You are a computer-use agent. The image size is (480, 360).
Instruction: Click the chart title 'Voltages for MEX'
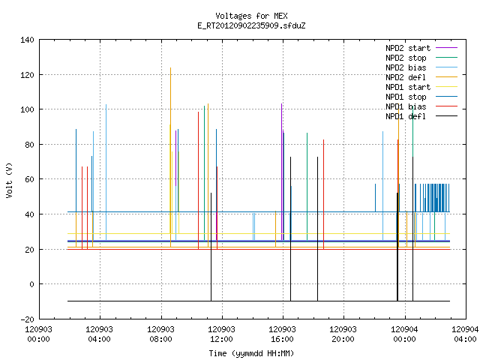click(x=251, y=16)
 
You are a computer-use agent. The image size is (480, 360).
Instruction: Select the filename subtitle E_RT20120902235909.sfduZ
click(x=251, y=25)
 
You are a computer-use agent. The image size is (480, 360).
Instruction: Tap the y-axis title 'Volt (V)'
click(x=9, y=180)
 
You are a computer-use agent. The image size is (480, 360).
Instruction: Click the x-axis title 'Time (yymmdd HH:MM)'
click(x=251, y=353)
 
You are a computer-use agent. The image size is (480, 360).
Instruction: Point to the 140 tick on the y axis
click(x=27, y=40)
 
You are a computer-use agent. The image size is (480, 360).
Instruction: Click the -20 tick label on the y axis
click(x=27, y=319)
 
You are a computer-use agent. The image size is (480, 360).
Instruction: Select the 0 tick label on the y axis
click(x=31, y=284)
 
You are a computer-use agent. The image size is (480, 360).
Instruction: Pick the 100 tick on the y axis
click(x=27, y=109)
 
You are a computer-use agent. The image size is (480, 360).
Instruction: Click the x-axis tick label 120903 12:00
click(x=221, y=334)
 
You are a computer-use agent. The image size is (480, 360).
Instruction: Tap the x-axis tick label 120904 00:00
click(x=405, y=334)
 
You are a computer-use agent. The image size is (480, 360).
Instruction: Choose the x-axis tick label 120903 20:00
click(x=343, y=334)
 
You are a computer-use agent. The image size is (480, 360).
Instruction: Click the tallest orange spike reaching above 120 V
click(x=170, y=157)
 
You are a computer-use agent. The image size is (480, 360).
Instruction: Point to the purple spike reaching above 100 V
click(x=282, y=172)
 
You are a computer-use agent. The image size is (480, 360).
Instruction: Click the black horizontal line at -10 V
click(x=259, y=301)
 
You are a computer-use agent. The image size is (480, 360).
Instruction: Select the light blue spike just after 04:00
click(x=106, y=172)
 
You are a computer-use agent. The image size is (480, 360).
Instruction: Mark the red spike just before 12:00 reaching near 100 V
click(x=198, y=181)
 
